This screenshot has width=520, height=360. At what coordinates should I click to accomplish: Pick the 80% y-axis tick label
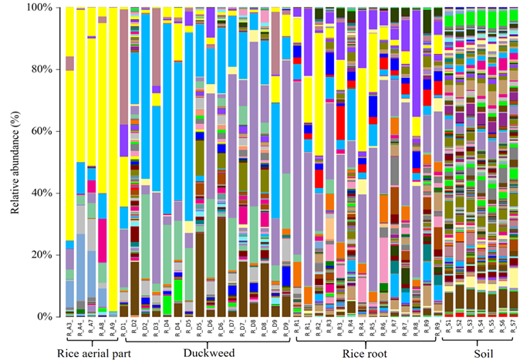[x=43, y=69]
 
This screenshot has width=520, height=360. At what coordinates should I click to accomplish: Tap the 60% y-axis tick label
[x=43, y=131]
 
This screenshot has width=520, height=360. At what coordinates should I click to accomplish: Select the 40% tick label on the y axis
[x=43, y=193]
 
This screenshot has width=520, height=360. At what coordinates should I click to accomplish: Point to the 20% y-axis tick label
[x=43, y=254]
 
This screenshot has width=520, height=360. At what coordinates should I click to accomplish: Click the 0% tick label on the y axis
[x=46, y=316]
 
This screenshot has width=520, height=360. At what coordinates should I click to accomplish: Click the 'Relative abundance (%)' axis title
[x=15, y=162]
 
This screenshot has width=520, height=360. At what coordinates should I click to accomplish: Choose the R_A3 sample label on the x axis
[x=69, y=328]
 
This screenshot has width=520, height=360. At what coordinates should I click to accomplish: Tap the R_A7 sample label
[x=91, y=328]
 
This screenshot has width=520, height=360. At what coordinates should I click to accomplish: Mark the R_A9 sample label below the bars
[x=113, y=328]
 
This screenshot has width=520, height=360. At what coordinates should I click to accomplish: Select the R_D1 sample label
[x=123, y=328]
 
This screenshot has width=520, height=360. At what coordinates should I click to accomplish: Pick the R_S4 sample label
[x=480, y=328]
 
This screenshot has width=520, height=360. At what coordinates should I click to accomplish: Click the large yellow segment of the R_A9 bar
[x=113, y=154]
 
